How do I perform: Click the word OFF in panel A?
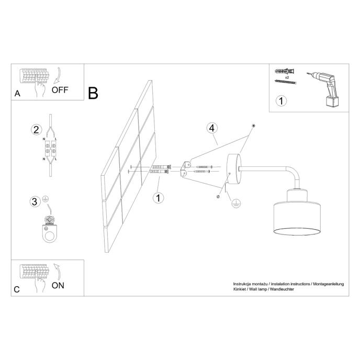(x=60, y=89)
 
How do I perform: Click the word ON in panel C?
(x=58, y=285)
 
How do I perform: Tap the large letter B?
(x=93, y=93)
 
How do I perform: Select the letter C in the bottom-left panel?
(x=17, y=289)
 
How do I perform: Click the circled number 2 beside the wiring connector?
(x=36, y=130)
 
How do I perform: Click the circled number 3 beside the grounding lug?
(x=35, y=201)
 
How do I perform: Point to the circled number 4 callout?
(x=211, y=128)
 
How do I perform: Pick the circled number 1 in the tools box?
(x=281, y=100)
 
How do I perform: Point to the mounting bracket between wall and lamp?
(x=184, y=168)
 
